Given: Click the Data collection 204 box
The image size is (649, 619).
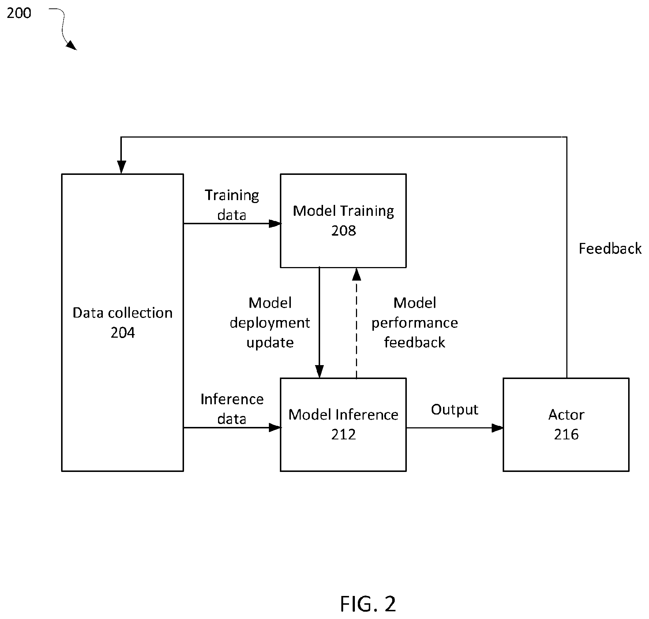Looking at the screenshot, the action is tap(122, 322).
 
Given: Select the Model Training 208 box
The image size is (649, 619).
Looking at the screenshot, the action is tap(343, 221).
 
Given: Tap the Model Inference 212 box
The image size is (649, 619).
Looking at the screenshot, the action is tap(343, 424).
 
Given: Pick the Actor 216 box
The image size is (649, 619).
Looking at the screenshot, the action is tap(566, 424).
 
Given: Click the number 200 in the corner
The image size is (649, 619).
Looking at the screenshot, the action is tap(19, 13).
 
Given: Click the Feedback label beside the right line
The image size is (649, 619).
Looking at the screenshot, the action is tap(610, 249).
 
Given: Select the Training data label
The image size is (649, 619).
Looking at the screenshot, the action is tap(232, 205).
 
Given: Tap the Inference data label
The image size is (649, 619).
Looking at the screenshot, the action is tap(232, 409).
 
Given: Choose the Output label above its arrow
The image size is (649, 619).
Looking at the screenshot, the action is tap(454, 410).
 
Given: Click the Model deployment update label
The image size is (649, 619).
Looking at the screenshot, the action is tap(270, 323).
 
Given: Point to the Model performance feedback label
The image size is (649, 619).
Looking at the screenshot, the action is tap(414, 323).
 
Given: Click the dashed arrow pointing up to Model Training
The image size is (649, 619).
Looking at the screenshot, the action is tap(356, 323).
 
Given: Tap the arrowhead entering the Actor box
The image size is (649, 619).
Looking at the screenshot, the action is tap(498, 428).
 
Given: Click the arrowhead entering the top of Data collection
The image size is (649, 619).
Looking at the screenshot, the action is tap(121, 168).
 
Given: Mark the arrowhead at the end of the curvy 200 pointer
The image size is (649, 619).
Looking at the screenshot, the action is tap(72, 45).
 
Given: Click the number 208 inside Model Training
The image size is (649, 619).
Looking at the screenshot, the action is tap(344, 230).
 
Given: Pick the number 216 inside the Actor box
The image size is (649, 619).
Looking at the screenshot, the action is tap(566, 434).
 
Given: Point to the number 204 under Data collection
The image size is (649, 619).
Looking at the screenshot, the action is tap(123, 333).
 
